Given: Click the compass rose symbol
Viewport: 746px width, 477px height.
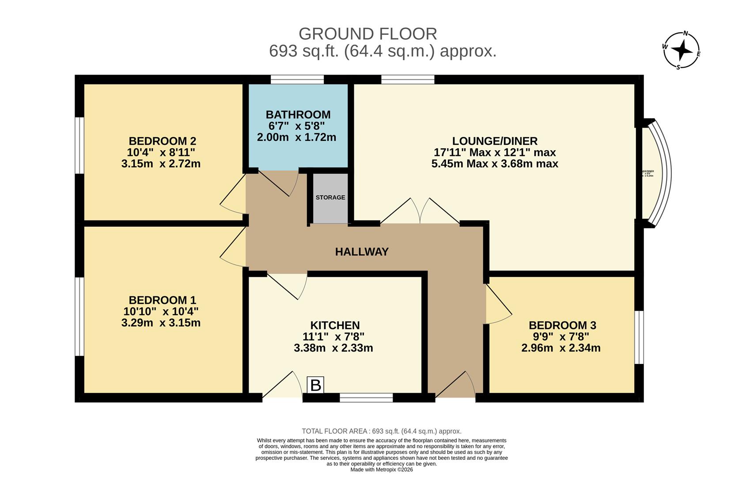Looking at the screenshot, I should pyautogui.click(x=682, y=50).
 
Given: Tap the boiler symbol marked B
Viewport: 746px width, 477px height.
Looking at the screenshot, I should pyautogui.click(x=315, y=385).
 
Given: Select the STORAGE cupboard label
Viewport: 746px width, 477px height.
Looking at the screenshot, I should pyautogui.click(x=330, y=197).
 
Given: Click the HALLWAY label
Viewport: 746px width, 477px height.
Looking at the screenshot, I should pyautogui.click(x=362, y=252).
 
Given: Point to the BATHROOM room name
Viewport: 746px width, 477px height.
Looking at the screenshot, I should pyautogui.click(x=298, y=115).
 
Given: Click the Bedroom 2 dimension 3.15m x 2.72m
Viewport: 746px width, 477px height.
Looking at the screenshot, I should pyautogui.click(x=161, y=164).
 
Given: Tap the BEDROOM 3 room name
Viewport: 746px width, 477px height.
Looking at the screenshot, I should pyautogui.click(x=562, y=326).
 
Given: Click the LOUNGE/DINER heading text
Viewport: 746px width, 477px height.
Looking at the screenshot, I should pyautogui.click(x=495, y=141).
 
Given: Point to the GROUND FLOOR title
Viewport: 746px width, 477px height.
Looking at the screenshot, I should pyautogui.click(x=367, y=34).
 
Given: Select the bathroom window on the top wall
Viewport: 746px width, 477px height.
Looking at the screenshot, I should pyautogui.click(x=297, y=79).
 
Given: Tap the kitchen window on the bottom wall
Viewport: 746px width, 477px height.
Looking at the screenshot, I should pyautogui.click(x=366, y=398).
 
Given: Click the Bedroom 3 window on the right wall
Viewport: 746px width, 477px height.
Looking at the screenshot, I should pyautogui.click(x=639, y=337).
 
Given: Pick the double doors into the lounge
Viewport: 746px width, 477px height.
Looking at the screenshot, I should pyautogui.click(x=420, y=212).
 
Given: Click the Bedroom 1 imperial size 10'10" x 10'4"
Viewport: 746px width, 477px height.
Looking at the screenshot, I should pyautogui.click(x=161, y=311).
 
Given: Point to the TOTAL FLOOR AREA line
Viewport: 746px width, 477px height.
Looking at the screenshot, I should pyautogui.click(x=382, y=431).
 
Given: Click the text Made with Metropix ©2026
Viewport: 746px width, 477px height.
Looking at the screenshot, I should pyautogui.click(x=382, y=469).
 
